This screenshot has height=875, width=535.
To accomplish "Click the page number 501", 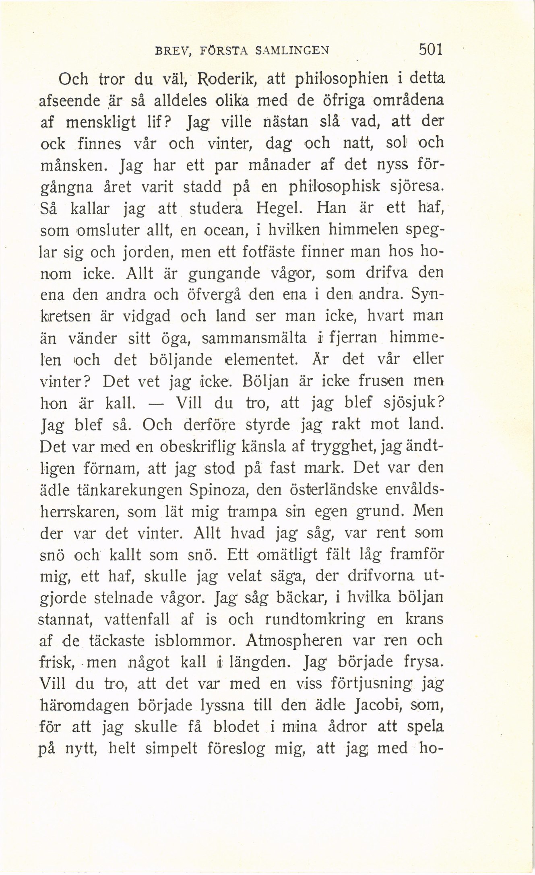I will (x=430, y=50).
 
